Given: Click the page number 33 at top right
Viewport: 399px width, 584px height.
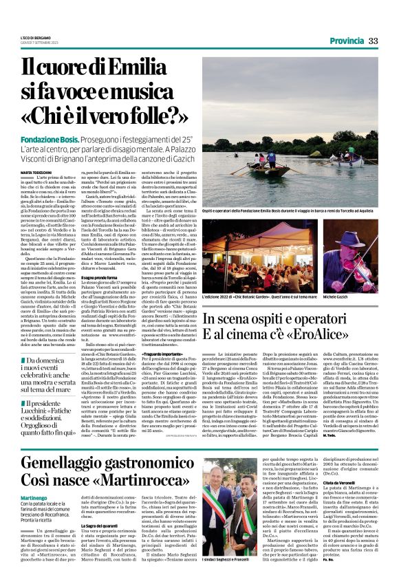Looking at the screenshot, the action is tap(374, 41).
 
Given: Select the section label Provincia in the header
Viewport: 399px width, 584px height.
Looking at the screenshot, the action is tap(346, 41).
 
